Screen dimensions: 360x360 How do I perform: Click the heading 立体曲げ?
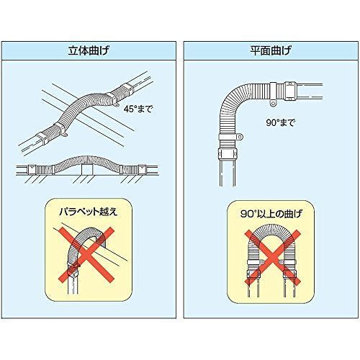[89, 50]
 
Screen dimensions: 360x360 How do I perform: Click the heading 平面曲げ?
[271, 50]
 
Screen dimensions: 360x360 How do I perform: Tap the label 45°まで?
[138, 109]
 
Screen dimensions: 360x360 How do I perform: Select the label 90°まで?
[280, 122]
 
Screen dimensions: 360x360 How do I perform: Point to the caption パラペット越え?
[89, 212]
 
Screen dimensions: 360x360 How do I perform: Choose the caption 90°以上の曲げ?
[271, 214]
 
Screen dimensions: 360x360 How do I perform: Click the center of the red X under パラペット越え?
[86, 255]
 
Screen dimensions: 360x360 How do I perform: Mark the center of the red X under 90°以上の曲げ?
[272, 258]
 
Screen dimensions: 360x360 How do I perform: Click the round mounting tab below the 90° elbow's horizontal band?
[273, 104]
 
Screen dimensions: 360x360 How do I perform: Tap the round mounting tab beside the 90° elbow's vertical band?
[240, 138]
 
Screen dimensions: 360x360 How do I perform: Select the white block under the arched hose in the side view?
[87, 170]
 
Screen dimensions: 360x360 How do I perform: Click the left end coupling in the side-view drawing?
[32, 169]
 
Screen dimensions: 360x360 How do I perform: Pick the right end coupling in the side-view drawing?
[142, 169]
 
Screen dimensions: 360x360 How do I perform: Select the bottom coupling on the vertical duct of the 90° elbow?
[228, 153]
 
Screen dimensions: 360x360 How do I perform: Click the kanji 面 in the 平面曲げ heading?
[266, 51]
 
